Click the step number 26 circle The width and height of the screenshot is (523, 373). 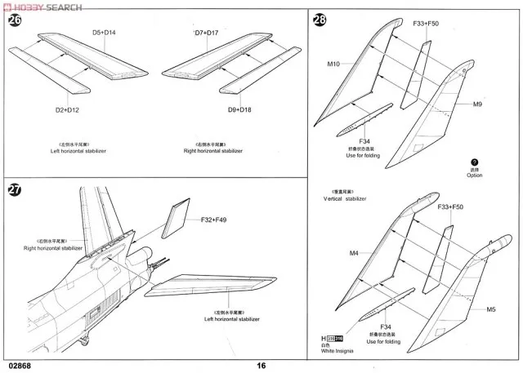[x=15, y=20]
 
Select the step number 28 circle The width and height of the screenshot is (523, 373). [x=320, y=20]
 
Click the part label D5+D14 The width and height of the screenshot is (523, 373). [x=104, y=32]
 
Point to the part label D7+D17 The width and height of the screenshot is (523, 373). [x=206, y=32]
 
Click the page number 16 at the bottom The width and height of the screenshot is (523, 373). [x=261, y=365]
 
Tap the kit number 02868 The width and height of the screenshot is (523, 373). [x=20, y=365]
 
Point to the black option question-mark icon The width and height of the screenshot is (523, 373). [x=475, y=162]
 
